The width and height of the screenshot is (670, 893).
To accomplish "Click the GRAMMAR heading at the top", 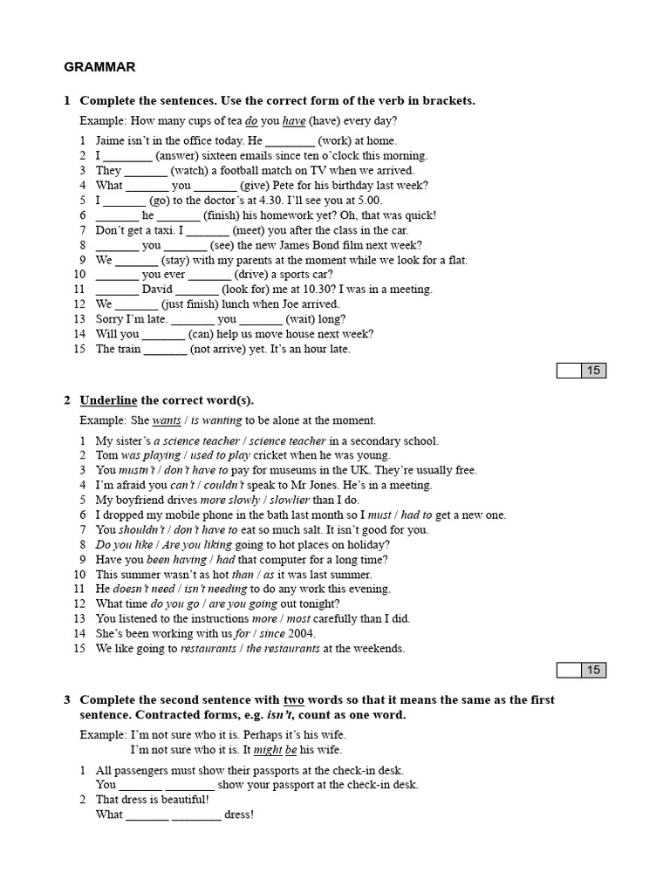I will pos(99,66).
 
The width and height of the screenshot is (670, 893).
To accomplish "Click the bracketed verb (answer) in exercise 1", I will pos(178,155).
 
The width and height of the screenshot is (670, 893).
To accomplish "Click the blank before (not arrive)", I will pos(165,349).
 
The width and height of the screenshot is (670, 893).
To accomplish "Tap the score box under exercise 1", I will pos(581,371).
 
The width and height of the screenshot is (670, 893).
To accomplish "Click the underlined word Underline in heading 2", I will pos(108,400).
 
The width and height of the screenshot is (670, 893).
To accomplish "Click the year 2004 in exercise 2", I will pos(300,633).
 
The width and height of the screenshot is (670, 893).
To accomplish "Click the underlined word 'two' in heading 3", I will pos(294,699).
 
